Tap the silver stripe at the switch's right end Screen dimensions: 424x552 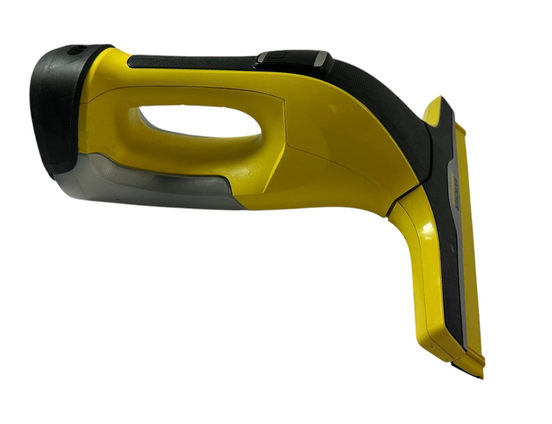click(x=323, y=60)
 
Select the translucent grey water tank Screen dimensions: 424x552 click(x=129, y=183)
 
